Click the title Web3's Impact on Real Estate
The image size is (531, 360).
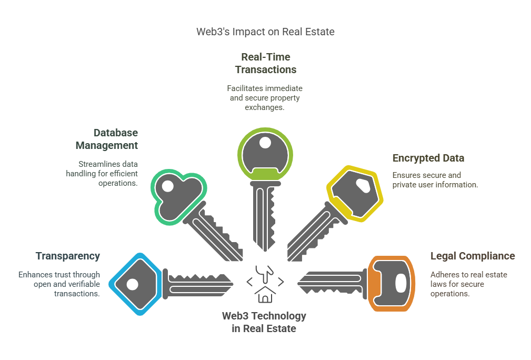265,32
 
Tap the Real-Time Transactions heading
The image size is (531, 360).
265,63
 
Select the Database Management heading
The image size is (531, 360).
106,139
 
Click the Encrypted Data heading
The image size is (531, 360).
428,158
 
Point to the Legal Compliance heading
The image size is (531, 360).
473,256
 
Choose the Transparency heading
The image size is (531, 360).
67,256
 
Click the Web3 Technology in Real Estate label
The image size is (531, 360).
264,322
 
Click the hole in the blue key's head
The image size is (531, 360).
132,284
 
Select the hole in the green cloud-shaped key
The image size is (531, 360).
168,186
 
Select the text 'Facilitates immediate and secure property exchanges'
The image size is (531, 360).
265,97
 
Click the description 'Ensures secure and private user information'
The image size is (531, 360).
435,180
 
